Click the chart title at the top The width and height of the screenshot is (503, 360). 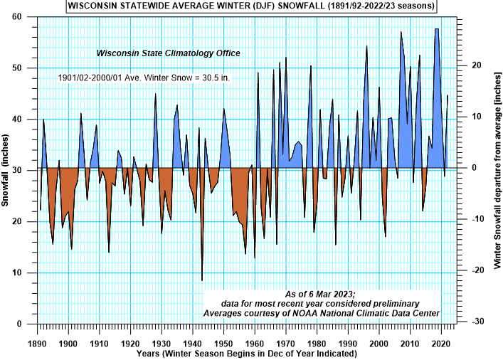251,6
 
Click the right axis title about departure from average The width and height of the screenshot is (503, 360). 496,171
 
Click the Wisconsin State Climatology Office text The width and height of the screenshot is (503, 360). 169,53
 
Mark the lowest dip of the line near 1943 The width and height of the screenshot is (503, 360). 202,280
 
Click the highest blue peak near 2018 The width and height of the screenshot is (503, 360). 436,29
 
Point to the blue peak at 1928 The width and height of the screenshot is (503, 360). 156,95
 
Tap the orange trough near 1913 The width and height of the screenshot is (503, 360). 109,252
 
